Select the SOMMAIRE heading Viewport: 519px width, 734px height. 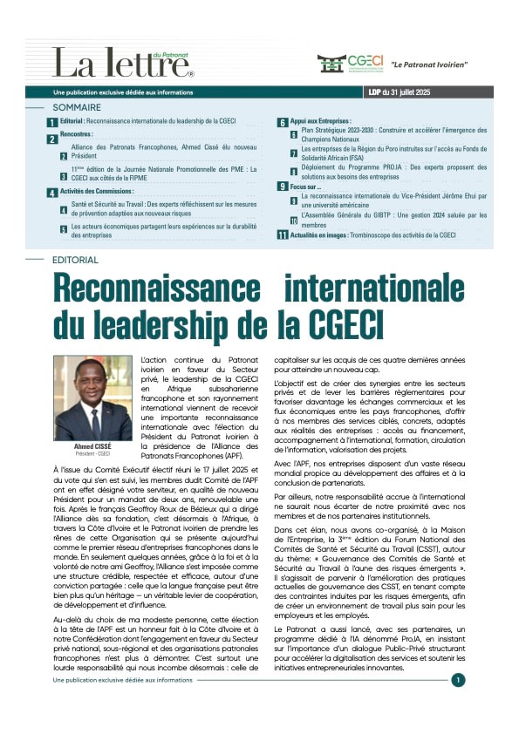pos(78,107)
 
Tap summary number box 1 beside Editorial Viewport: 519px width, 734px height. pos(53,124)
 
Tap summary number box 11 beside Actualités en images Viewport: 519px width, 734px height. pos(283,235)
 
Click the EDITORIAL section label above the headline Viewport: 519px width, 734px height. pos(75,260)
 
